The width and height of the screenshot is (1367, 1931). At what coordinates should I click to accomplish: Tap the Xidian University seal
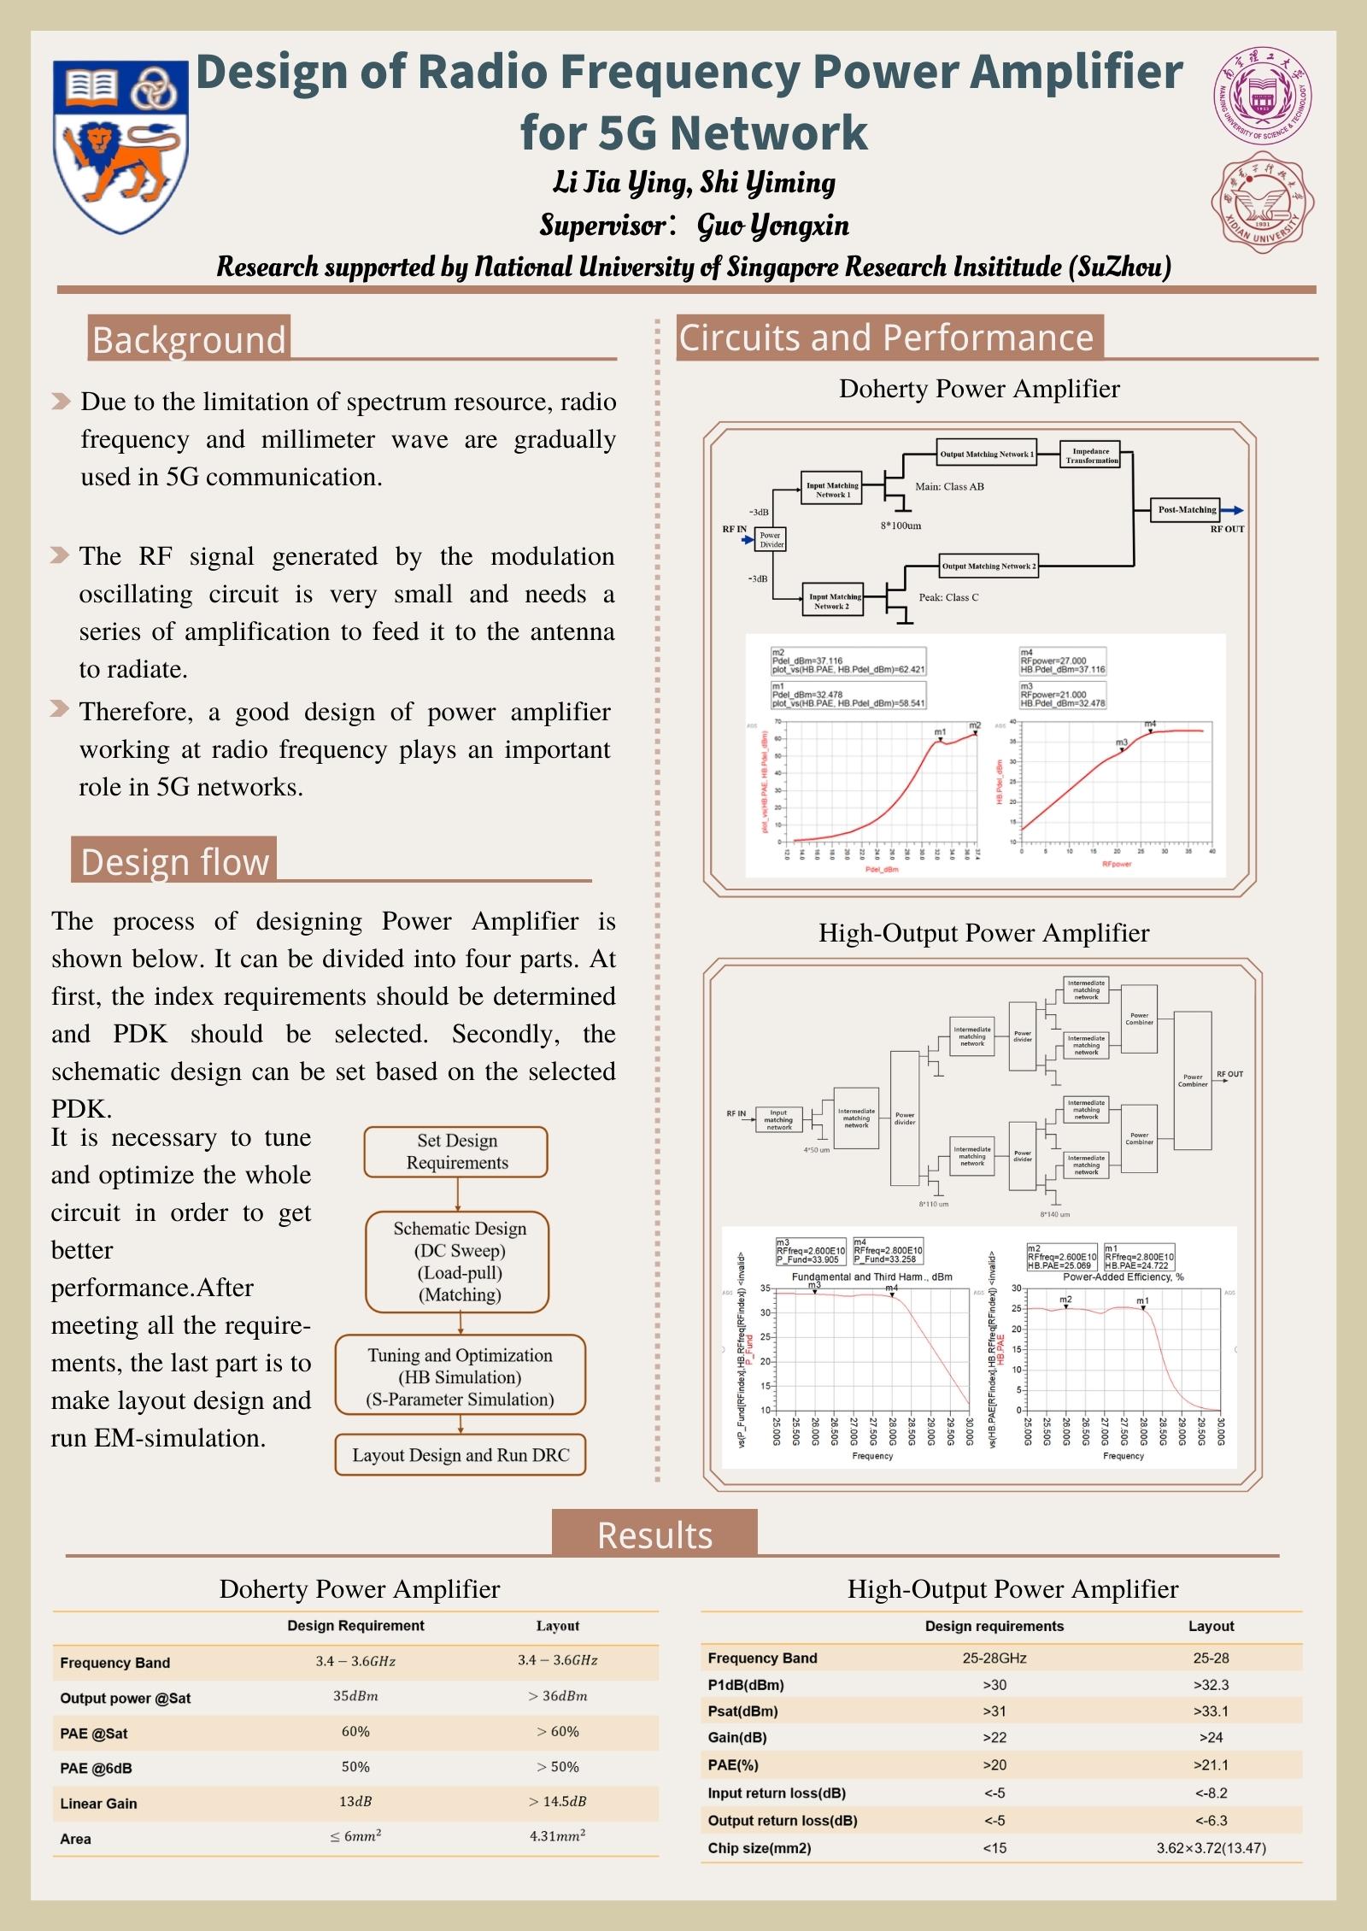click(x=1262, y=202)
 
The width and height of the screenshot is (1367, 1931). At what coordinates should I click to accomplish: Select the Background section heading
click(x=189, y=339)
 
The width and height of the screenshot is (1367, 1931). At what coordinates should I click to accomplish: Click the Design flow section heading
click(x=175, y=861)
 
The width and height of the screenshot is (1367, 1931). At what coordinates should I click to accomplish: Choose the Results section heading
click(x=654, y=1535)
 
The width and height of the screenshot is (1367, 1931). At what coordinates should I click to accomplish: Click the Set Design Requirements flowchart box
click(x=456, y=1152)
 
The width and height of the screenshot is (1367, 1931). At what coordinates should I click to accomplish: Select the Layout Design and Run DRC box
click(x=461, y=1455)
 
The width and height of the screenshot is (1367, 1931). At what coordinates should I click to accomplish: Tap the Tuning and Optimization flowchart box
click(x=461, y=1376)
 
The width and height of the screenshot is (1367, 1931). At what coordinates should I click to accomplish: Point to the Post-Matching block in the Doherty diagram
click(x=1187, y=510)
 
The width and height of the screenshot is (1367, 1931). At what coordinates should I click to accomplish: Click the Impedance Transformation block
click(x=1091, y=455)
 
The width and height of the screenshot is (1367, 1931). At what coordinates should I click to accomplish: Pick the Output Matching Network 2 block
click(x=989, y=566)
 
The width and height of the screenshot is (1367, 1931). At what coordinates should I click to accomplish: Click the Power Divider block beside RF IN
click(x=771, y=539)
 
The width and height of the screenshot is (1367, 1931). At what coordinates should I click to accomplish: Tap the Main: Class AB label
click(x=949, y=487)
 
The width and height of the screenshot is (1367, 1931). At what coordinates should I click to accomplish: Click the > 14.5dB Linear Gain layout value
click(x=557, y=1801)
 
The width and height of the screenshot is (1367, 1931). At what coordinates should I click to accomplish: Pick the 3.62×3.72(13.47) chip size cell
click(x=1211, y=1847)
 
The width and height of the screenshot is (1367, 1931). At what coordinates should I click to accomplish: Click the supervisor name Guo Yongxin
click(x=773, y=226)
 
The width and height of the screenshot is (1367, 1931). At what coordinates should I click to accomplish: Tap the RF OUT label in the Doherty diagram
click(x=1227, y=530)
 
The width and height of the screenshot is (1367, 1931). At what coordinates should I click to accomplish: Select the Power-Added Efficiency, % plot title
click(x=1123, y=1277)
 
